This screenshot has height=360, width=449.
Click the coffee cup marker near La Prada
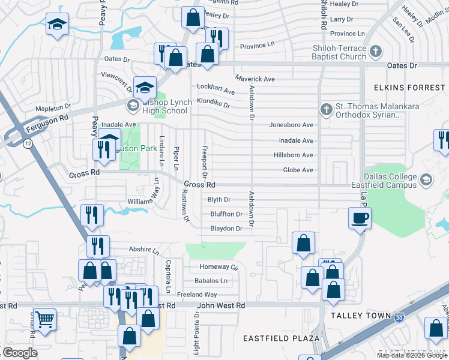coord(360,218)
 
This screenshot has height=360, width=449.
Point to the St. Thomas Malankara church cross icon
coord(326,109)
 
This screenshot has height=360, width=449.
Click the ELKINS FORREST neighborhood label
coord(409,88)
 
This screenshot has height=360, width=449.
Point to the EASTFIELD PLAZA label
coord(281,338)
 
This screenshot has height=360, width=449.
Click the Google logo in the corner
coord(20,353)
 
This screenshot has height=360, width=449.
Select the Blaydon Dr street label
coord(226,229)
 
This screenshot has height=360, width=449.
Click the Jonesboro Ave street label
coord(291,125)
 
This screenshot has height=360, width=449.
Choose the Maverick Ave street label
coord(255,79)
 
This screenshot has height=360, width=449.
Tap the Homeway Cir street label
coord(214,267)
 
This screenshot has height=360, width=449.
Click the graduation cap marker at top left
coord(57,25)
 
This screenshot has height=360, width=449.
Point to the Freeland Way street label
coord(197,295)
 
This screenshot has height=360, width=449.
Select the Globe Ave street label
coord(298,170)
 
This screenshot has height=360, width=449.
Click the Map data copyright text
coord(412,355)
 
